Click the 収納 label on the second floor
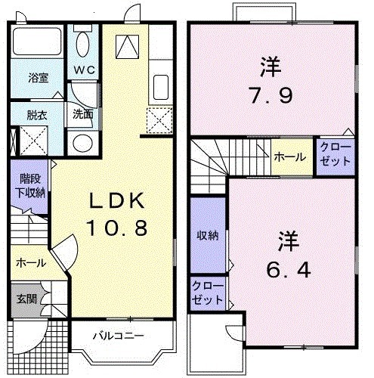point(208,235)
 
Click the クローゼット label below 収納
point(207,293)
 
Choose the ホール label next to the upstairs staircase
point(291,157)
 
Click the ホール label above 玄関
point(30,262)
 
